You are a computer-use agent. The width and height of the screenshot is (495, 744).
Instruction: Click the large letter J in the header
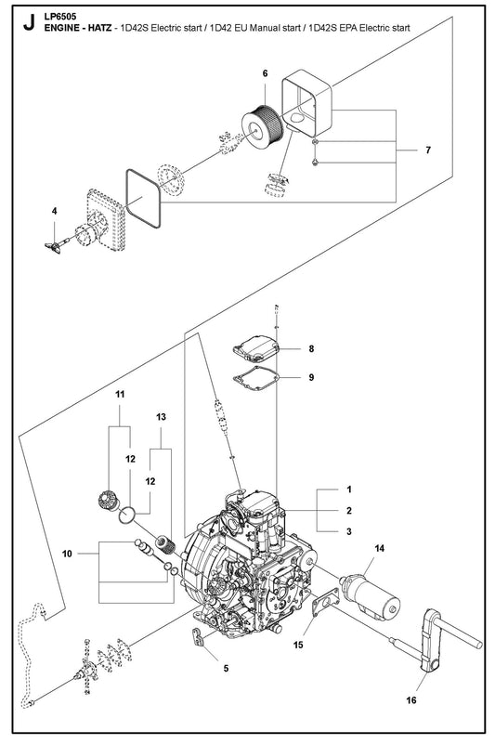pyautogui.click(x=29, y=21)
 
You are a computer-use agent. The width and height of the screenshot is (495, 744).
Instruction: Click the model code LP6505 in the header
pyautogui.click(x=59, y=17)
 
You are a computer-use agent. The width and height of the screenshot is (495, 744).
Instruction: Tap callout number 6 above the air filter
pyautogui.click(x=265, y=73)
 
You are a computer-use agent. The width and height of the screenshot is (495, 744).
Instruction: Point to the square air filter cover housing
pyautogui.click(x=306, y=101)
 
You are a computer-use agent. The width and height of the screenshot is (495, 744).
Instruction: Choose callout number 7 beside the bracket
pyautogui.click(x=428, y=150)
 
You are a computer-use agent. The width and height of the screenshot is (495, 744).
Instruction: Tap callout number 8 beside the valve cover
pyautogui.click(x=311, y=348)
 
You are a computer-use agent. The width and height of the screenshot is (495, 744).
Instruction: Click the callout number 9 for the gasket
pyautogui.click(x=311, y=377)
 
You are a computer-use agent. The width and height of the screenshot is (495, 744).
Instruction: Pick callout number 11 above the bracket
pyautogui.click(x=120, y=395)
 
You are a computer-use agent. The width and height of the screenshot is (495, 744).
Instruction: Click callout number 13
pyautogui.click(x=161, y=417)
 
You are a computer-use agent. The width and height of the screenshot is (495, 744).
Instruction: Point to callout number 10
pyautogui.click(x=67, y=554)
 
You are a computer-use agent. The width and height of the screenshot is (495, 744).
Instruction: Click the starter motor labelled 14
pyautogui.click(x=371, y=595)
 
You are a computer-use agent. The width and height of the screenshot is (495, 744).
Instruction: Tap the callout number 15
pyautogui.click(x=298, y=645)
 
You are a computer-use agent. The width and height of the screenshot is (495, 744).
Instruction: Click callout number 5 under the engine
pyautogui.click(x=226, y=668)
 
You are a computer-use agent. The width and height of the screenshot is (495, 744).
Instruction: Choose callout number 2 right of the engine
pyautogui.click(x=349, y=511)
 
